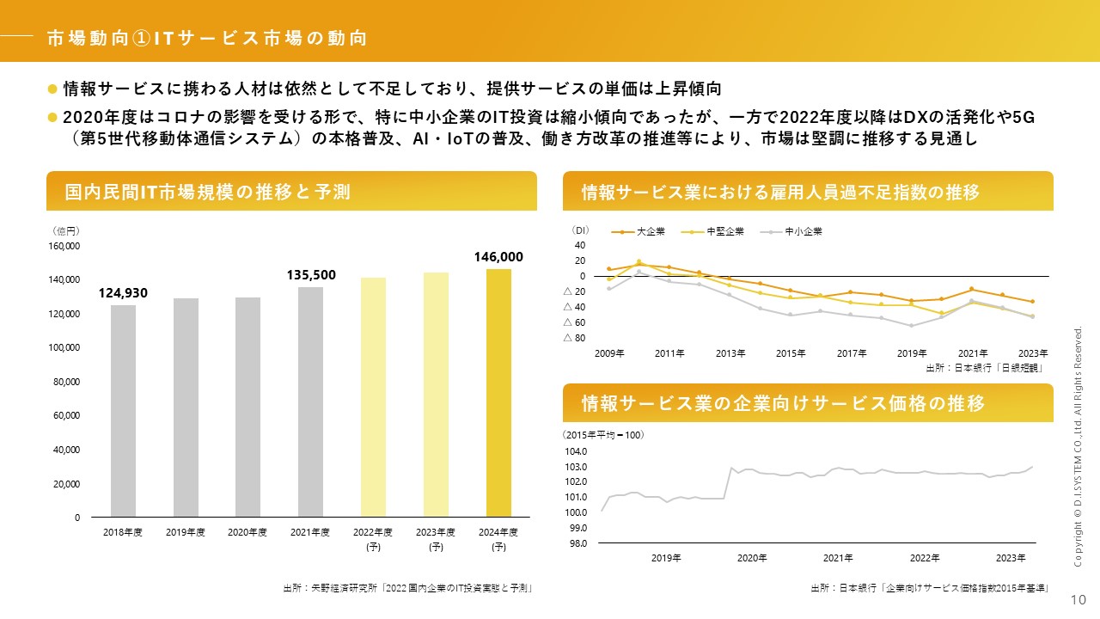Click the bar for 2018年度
[123, 411]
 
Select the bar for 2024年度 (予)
[498, 393]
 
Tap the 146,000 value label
[498, 256]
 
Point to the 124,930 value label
[123, 293]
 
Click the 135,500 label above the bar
[311, 274]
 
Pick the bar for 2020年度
[247, 407]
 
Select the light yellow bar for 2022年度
[373, 397]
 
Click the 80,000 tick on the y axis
[66, 382]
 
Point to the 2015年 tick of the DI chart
[791, 353]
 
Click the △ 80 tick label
[574, 337]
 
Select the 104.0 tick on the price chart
[576, 451]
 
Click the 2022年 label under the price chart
[925, 558]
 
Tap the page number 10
[1078, 599]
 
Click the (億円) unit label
[66, 230]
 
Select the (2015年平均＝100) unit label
[603, 435]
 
